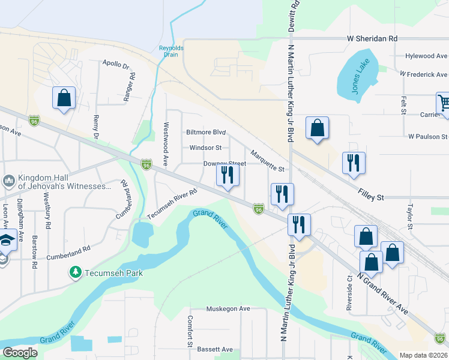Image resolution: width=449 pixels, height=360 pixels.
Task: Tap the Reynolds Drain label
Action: click(x=171, y=51)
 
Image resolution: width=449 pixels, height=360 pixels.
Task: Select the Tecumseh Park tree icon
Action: click(x=76, y=273)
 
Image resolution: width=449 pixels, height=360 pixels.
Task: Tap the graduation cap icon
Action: click(x=6, y=241)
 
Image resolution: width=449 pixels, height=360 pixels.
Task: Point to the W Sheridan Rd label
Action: click(x=372, y=38)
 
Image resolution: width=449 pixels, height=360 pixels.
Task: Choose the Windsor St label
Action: click(x=205, y=148)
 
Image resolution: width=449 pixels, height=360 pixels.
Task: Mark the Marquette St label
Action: click(x=267, y=161)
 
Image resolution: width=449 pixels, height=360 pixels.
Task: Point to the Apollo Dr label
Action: click(x=116, y=64)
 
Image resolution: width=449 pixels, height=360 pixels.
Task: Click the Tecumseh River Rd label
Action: click(x=172, y=205)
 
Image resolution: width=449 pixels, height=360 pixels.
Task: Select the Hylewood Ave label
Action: click(x=427, y=56)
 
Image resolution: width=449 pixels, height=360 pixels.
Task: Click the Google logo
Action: click(x=20, y=353)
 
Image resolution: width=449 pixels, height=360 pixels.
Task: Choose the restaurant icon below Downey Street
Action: click(x=228, y=175)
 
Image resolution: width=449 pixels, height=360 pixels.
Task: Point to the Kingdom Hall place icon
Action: click(x=9, y=181)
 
